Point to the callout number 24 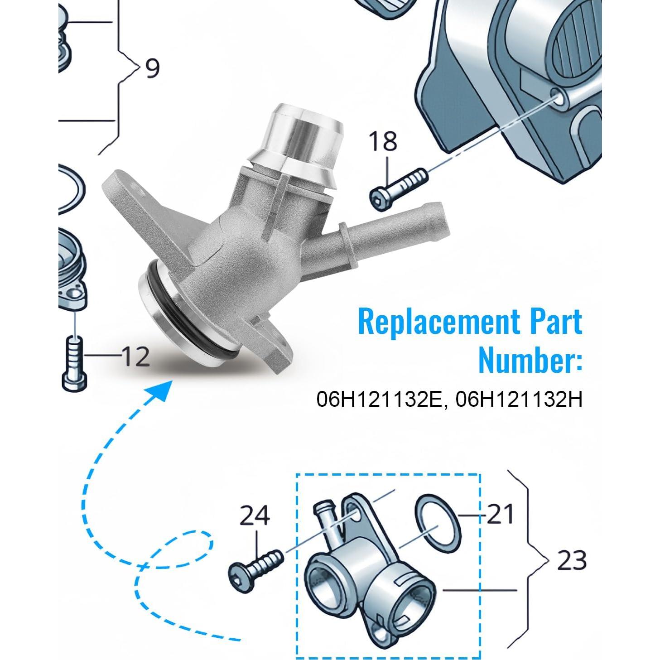click(x=255, y=516)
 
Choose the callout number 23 click(x=572, y=560)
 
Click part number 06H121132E click(x=378, y=400)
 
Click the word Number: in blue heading click(x=530, y=360)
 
